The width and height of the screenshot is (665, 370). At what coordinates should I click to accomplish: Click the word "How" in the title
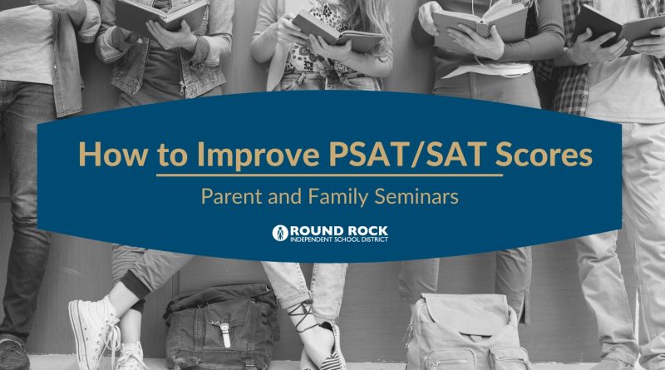point(113,154)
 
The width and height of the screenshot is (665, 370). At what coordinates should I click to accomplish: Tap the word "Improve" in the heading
point(259,155)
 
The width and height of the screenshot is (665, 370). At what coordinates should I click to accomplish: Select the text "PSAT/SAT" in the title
point(407,155)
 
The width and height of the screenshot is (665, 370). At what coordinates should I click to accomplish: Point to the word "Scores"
point(544,154)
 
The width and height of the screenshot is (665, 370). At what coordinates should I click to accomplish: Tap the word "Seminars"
point(417,196)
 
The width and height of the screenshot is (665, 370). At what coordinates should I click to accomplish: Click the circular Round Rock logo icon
point(280,233)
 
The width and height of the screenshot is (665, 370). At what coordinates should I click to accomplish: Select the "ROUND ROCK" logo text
point(339,231)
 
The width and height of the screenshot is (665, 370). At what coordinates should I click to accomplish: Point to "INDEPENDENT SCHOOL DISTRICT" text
point(339,239)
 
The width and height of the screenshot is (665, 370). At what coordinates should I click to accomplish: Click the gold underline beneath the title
point(329,175)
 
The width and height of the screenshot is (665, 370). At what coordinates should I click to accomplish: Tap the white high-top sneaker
point(95,331)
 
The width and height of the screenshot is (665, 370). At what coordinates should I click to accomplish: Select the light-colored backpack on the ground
point(466,333)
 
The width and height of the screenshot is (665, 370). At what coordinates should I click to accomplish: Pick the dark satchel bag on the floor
point(222,327)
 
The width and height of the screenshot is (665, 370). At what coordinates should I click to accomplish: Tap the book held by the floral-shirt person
point(337,32)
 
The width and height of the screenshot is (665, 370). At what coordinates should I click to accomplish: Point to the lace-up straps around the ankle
point(302,316)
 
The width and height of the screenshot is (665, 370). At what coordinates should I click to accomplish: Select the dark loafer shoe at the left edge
point(14,353)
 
